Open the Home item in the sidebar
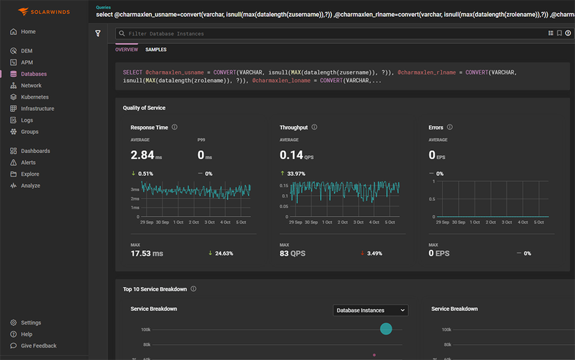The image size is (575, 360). (x=28, y=32)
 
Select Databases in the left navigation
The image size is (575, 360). (x=33, y=74)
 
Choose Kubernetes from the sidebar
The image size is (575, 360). (x=35, y=97)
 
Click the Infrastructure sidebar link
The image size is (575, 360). (x=37, y=108)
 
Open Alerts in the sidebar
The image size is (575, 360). (x=28, y=163)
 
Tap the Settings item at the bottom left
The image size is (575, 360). (x=31, y=322)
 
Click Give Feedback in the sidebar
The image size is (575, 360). (x=38, y=345)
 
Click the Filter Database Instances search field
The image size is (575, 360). (x=326, y=33)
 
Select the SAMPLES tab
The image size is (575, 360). (x=156, y=49)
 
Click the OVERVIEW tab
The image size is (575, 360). (x=126, y=49)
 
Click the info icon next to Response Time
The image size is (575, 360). (x=174, y=127)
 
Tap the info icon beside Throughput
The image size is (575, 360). (x=315, y=127)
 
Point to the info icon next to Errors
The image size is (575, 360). (x=450, y=127)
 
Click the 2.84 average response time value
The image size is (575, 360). (x=142, y=156)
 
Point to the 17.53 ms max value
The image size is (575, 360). (x=147, y=254)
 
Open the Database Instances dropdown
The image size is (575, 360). (x=369, y=311)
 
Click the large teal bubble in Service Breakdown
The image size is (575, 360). (x=386, y=329)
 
